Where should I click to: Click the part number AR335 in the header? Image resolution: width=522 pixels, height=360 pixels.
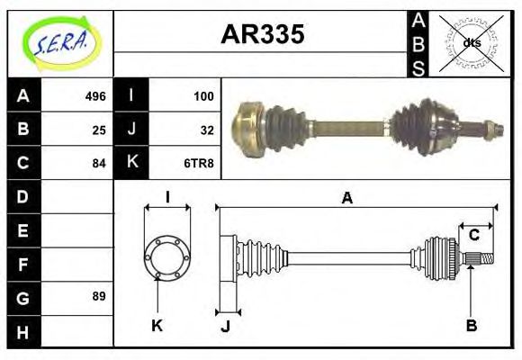tap(262, 35)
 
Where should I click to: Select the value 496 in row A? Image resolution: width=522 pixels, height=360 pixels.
tap(95, 96)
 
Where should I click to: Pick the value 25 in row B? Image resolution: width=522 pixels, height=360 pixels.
tap(99, 130)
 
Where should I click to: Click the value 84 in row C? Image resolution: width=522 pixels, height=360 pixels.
tap(99, 164)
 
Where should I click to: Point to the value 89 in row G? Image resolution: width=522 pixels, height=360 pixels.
tap(99, 296)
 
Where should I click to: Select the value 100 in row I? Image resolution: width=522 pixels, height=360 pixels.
tap(203, 96)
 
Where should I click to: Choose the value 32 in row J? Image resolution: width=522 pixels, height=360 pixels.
tap(206, 130)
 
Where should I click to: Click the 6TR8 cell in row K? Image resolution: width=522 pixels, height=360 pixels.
tap(199, 164)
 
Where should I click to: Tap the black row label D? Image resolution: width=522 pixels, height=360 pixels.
tap(23, 196)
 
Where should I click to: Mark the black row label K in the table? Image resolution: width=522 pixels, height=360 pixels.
tap(131, 164)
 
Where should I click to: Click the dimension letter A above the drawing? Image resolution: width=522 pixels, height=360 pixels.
tap(346, 198)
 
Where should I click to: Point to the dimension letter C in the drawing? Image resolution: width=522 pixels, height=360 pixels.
tap(473, 236)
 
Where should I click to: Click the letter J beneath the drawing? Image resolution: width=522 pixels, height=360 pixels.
tap(225, 326)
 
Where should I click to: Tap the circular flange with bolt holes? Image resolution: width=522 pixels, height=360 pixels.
tap(166, 255)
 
